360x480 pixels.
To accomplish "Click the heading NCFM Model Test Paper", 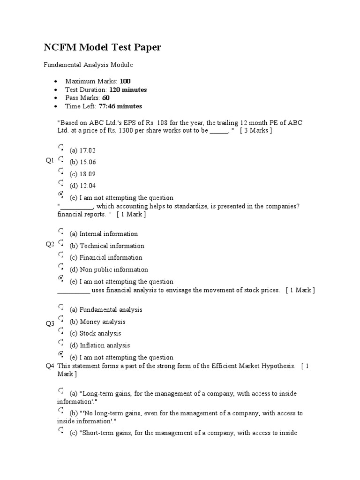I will pyautogui.click(x=102, y=47).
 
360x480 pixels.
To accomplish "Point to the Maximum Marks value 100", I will pyautogui.click(x=125, y=81).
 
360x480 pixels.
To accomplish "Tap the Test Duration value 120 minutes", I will pyautogui.click(x=128, y=90).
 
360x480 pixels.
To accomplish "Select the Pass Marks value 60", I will pyautogui.click(x=106, y=98).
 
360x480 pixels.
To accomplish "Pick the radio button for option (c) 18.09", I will pyautogui.click(x=61, y=172).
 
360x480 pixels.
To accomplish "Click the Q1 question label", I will pyautogui.click(x=50, y=161).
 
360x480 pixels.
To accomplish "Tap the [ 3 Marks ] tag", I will pyautogui.click(x=255, y=131).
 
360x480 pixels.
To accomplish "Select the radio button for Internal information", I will pyautogui.click(x=61, y=231).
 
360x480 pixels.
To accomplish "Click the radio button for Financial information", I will pyautogui.click(x=61, y=255).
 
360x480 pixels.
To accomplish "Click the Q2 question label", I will pyautogui.click(x=50, y=244).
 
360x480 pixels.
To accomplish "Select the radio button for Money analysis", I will pyautogui.click(x=61, y=319).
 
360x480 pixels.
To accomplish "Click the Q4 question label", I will pyautogui.click(x=50, y=366).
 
